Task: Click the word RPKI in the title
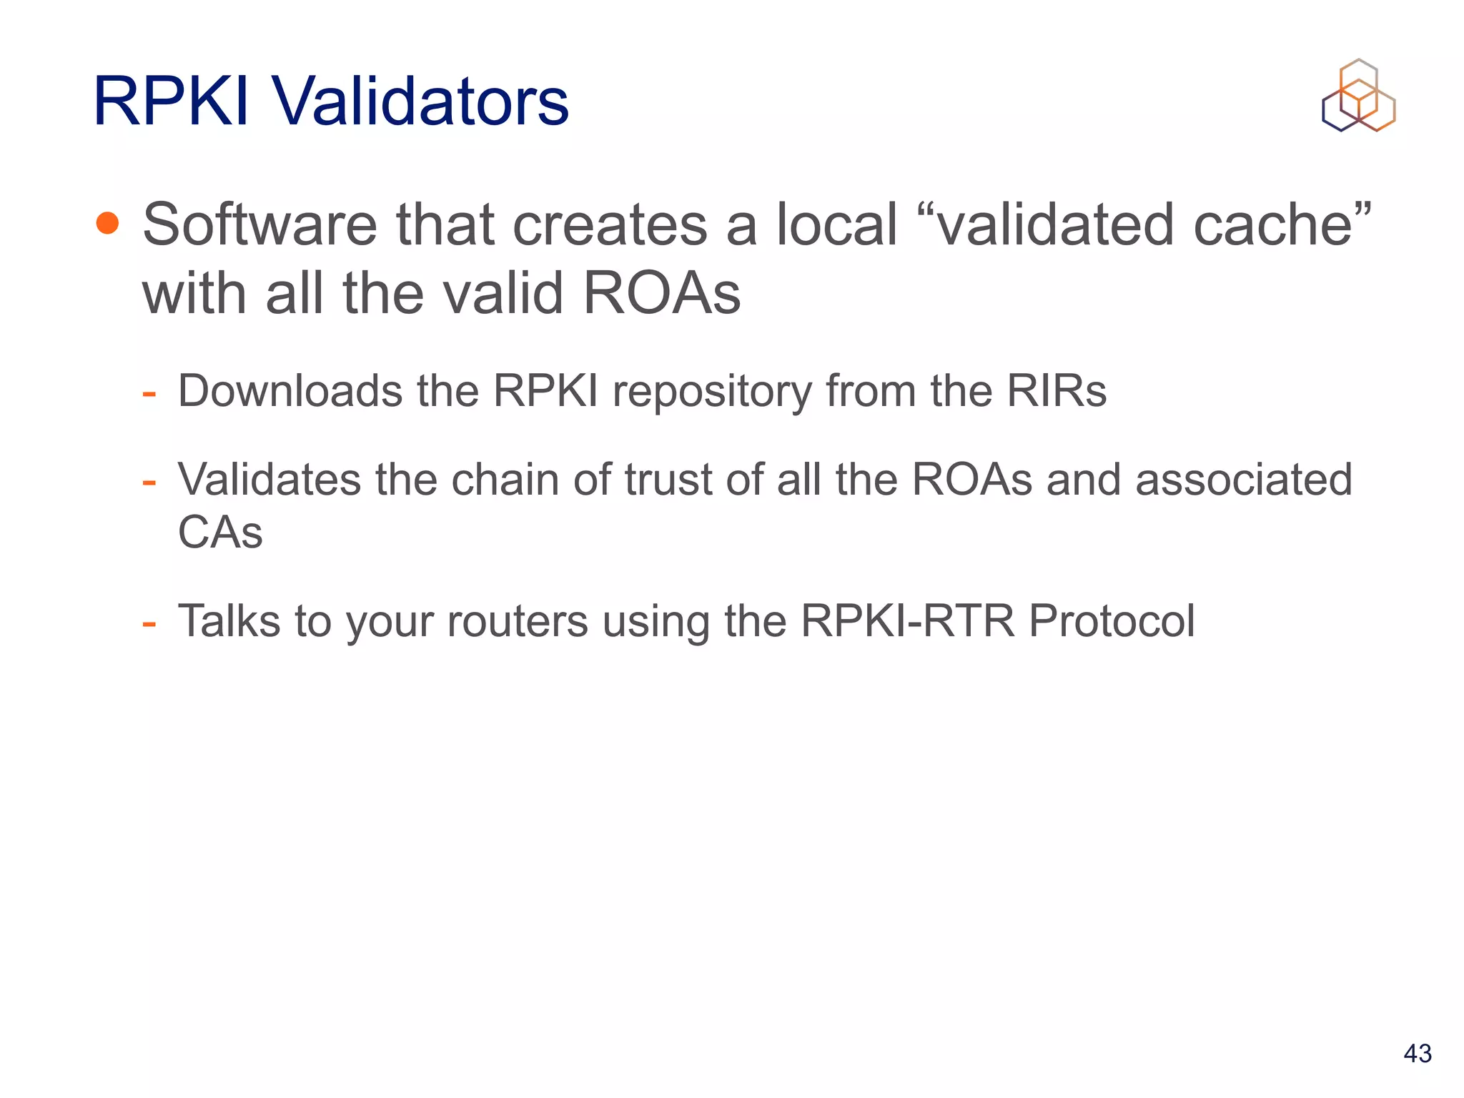(x=171, y=102)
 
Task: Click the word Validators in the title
(x=419, y=102)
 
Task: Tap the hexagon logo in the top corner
(x=1358, y=96)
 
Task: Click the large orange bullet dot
(x=107, y=223)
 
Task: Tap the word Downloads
(x=290, y=391)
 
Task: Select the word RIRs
(x=1057, y=391)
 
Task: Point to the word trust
(x=668, y=479)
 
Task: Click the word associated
(x=1243, y=479)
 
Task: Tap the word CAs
(x=220, y=533)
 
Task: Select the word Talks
(x=229, y=620)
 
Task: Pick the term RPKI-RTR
(x=907, y=620)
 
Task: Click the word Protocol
(x=1111, y=620)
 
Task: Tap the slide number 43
(x=1418, y=1053)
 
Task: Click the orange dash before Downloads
(x=149, y=394)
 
